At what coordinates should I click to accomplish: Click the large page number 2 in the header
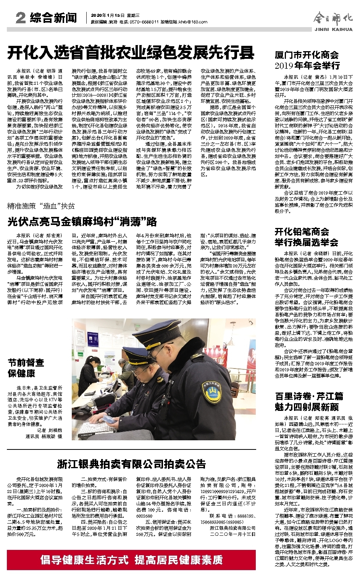click(x=21, y=18)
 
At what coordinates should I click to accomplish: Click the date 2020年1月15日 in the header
click(x=108, y=15)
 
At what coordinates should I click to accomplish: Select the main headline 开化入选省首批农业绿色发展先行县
click(x=131, y=53)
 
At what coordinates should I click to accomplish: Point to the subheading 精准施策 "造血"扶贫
click(x=41, y=206)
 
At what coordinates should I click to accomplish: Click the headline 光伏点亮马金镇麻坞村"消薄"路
click(x=82, y=222)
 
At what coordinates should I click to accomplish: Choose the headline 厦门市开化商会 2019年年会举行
click(x=307, y=60)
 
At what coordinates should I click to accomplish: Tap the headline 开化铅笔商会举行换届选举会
click(x=306, y=237)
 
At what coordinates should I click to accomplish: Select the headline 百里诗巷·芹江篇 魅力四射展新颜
click(x=309, y=401)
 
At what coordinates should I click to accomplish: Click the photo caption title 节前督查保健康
click(x=26, y=367)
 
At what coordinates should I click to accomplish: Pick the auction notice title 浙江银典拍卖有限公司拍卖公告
click(x=131, y=464)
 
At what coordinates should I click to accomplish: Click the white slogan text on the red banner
click(x=132, y=560)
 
